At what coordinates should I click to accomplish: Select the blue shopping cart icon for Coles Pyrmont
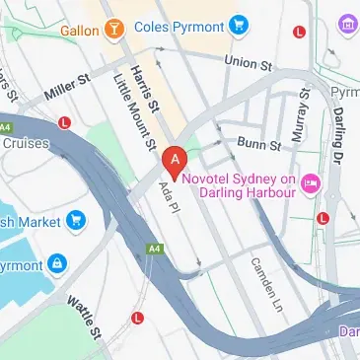[238, 26]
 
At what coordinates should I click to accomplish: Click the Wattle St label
[83, 314]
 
